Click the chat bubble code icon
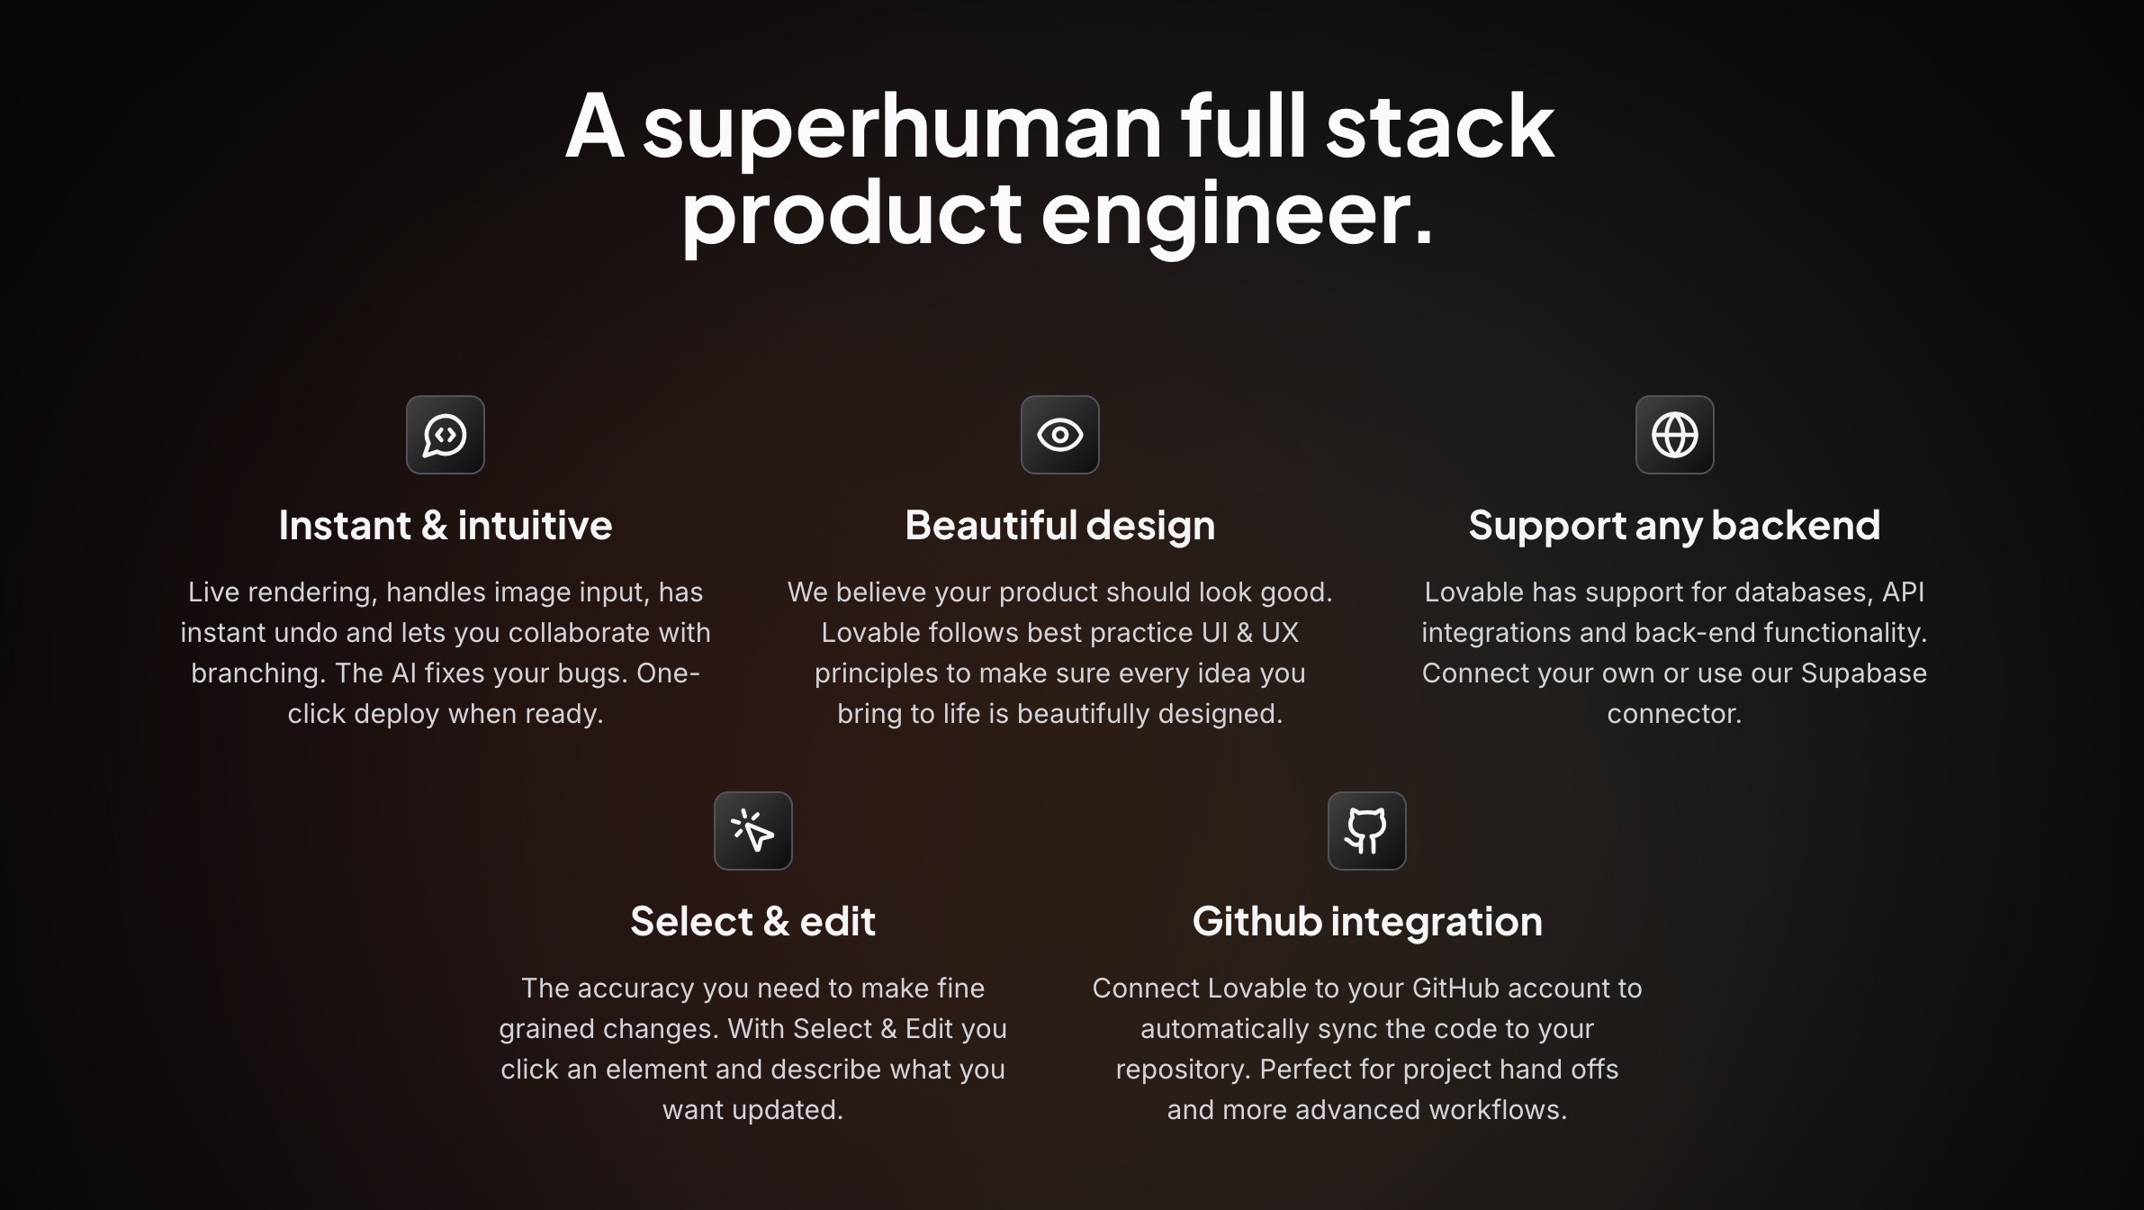click(x=445, y=435)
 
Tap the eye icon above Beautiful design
click(x=1059, y=435)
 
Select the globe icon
click(x=1674, y=435)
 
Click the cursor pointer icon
click(x=752, y=830)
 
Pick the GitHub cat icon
click(x=1366, y=830)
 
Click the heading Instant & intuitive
click(x=446, y=525)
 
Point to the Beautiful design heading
click(x=1059, y=526)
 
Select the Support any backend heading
click(x=1674, y=526)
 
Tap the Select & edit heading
click(x=752, y=921)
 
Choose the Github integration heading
click(x=1367, y=922)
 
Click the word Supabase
click(x=1863, y=674)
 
